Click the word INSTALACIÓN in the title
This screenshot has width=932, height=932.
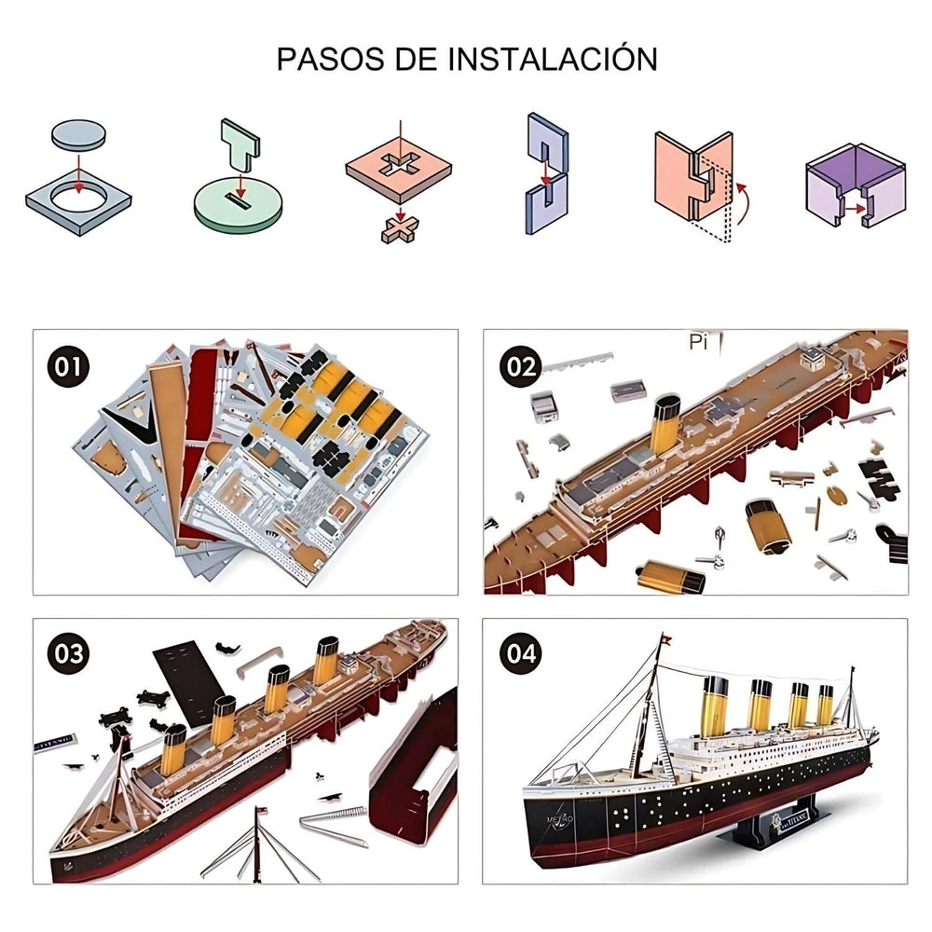tap(553, 58)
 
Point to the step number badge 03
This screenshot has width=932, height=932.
tap(68, 653)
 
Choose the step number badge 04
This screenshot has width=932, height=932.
tap(520, 653)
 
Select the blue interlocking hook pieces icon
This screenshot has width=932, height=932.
tap(547, 172)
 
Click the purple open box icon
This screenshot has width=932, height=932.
tap(854, 185)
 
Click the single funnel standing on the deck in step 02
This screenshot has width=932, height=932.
tap(665, 423)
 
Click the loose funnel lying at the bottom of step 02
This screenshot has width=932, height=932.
tap(669, 577)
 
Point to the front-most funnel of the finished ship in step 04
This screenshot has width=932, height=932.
tap(714, 705)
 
